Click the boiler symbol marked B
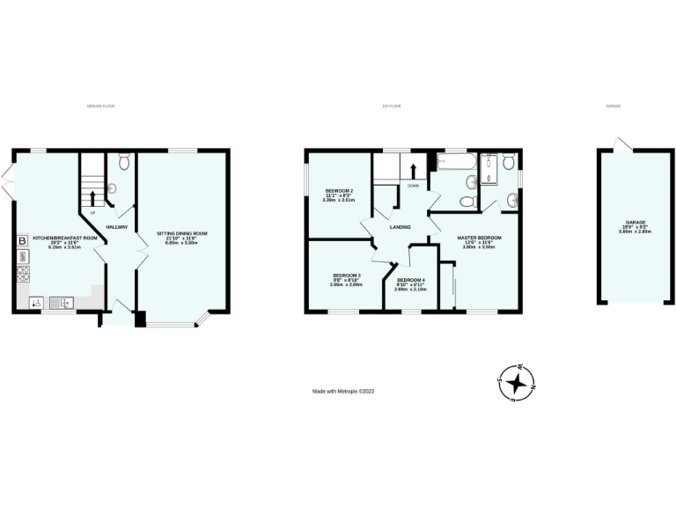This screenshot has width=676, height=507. point(22,240)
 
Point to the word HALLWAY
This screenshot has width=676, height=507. point(118,227)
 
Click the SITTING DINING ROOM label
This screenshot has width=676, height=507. point(184,233)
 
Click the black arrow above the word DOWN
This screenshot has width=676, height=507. point(413,171)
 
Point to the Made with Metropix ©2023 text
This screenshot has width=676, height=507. point(349,393)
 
